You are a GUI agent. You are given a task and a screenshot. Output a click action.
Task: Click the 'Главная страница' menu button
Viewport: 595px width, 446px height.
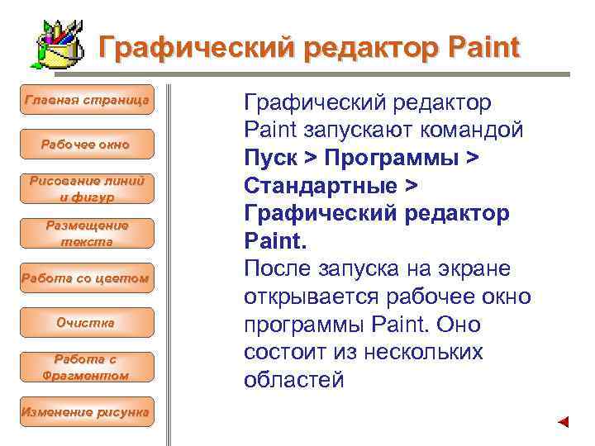[87, 100]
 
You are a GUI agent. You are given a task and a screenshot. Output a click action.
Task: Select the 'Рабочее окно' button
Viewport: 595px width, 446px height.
[87, 145]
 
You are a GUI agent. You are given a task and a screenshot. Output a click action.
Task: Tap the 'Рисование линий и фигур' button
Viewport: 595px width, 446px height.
[87, 189]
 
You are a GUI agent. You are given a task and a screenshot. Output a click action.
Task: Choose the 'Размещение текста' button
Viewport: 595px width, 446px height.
[87, 234]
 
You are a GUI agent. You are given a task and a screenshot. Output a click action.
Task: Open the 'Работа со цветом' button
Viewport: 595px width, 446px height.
[87, 278]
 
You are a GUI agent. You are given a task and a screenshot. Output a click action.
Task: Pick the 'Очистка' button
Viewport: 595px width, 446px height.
[87, 323]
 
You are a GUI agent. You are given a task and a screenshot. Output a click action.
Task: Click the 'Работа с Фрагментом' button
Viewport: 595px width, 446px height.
[87, 368]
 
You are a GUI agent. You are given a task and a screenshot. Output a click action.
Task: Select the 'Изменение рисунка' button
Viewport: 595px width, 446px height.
[87, 411]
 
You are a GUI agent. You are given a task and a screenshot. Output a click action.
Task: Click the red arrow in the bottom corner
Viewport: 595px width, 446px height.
[564, 422]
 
